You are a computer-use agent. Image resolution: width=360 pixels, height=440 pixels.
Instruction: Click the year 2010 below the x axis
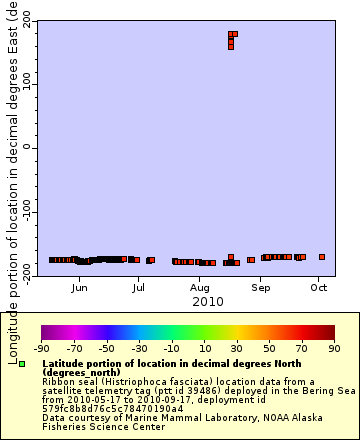[x=207, y=300]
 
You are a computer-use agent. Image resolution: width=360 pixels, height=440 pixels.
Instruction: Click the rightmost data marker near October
[x=322, y=257]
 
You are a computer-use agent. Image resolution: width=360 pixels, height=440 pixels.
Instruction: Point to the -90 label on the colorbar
[x=41, y=349]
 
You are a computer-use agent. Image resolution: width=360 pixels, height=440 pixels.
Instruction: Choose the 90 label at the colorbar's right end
[x=333, y=349]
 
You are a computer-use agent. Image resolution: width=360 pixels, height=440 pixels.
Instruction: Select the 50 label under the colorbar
[x=270, y=349]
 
